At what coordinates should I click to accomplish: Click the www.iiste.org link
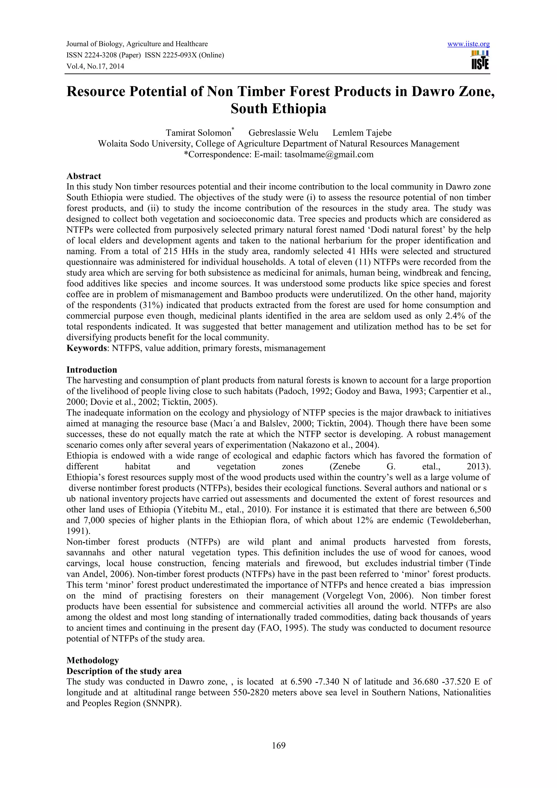pyautogui.click(x=468, y=44)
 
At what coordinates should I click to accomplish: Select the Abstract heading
pyautogui.click(x=84, y=176)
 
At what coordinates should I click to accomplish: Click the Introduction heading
pyautogui.click(x=92, y=370)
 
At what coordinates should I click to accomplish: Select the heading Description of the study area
pyautogui.click(x=124, y=671)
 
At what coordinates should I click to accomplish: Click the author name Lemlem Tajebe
pyautogui.click(x=362, y=133)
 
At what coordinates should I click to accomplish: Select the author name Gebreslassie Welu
pyautogui.click(x=283, y=133)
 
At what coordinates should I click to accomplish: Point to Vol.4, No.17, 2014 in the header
pyautogui.click(x=95, y=67)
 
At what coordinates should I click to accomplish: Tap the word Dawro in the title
pyautogui.click(x=434, y=92)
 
